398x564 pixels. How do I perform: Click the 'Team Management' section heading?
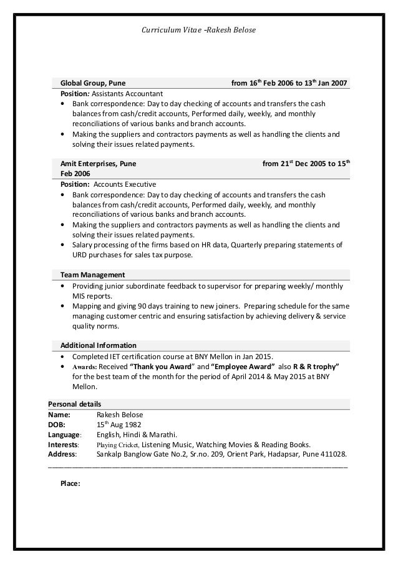coord(92,274)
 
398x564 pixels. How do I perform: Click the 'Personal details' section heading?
coord(75,403)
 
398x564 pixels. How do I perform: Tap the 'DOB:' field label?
coord(58,424)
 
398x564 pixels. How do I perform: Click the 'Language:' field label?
coord(65,434)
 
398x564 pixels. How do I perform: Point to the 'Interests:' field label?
coord(64,445)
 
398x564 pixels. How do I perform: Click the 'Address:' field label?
coord(63,455)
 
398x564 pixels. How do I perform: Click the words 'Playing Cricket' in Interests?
coord(119,445)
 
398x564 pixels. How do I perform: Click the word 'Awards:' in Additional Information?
coord(85,366)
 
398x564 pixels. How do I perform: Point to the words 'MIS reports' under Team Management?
coord(92,295)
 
